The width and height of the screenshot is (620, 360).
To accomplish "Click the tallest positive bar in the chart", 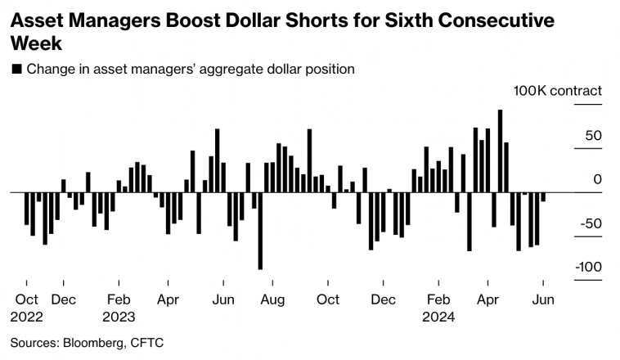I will click(x=500, y=151).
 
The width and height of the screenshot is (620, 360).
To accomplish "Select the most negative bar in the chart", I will click(x=260, y=231).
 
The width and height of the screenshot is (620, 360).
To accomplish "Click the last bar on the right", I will click(x=543, y=196).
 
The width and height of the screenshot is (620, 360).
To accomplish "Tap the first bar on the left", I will click(x=27, y=209).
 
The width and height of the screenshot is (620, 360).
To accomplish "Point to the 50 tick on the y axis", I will click(x=593, y=136).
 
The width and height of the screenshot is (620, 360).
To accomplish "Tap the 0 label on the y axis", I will click(x=597, y=180).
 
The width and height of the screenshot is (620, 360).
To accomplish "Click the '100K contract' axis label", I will click(x=557, y=91).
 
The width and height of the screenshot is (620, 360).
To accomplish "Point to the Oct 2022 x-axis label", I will click(x=27, y=308).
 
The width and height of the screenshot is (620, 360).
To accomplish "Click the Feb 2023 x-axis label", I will click(x=119, y=308).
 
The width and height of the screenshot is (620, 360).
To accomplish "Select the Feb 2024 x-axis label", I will click(x=439, y=308).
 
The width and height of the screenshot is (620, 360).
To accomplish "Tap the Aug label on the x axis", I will click(x=273, y=299).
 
